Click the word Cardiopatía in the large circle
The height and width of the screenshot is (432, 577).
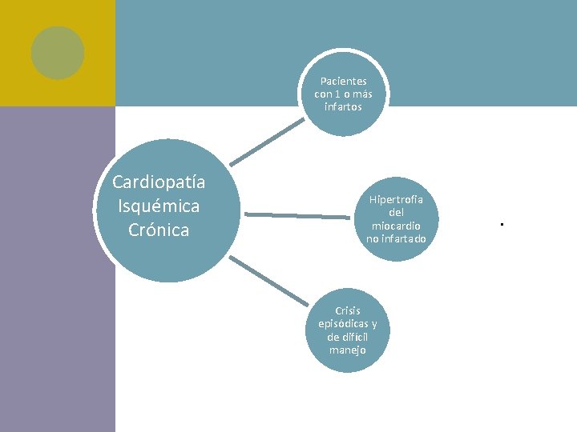point(159,182)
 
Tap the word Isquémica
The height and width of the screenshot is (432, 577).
point(159,206)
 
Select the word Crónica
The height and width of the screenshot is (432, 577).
point(159,230)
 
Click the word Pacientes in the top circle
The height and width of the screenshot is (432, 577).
point(343,82)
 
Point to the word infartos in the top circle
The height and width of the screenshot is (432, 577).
point(343,106)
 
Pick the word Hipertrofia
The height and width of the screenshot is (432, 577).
point(396,200)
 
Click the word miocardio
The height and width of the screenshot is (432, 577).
point(396,226)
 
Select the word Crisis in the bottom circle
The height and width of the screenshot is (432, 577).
point(348,311)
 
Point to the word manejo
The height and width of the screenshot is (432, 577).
point(348,350)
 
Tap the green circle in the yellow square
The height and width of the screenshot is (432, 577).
point(58,53)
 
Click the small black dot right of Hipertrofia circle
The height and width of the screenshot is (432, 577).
point(500,225)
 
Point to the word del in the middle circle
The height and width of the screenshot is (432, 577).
point(396,213)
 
